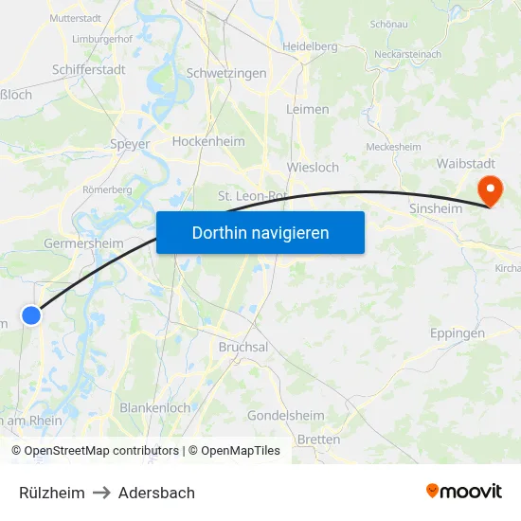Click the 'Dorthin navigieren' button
coord(260,232)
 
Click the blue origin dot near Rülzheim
coord(31,315)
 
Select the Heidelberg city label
coord(310,45)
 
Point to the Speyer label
coord(131,144)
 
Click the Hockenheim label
coord(208,141)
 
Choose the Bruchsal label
coord(243,347)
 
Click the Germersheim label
coord(83,243)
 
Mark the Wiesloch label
coord(313,168)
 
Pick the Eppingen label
coord(458,333)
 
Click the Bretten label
coord(319,440)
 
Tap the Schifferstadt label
coord(88,69)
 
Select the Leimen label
coord(308,109)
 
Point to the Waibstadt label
coord(463,163)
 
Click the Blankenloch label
coord(154,407)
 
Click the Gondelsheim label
coord(286,416)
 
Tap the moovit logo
coord(464,492)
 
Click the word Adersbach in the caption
coord(156,493)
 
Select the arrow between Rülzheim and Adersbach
coord(101,493)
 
